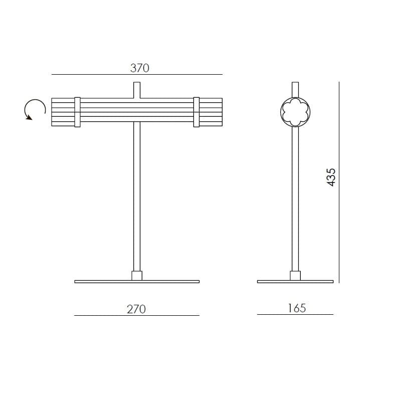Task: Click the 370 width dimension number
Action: [x=140, y=68]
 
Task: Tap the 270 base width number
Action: [x=136, y=309]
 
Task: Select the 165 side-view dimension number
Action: [x=297, y=308]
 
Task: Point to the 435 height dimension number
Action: [x=331, y=177]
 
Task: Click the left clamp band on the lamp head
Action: [x=77, y=112]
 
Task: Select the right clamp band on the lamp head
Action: [x=196, y=112]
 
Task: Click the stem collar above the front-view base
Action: [x=137, y=276]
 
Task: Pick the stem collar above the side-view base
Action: [x=295, y=276]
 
